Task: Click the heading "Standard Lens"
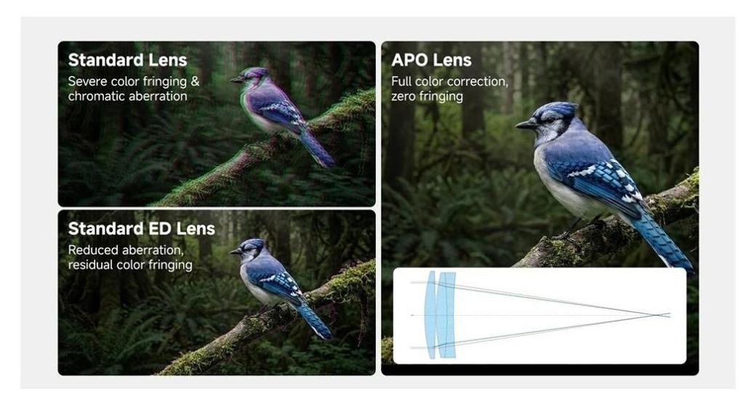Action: point(127,60)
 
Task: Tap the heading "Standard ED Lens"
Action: point(141,229)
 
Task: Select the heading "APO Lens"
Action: point(431,60)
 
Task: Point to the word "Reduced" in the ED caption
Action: point(94,250)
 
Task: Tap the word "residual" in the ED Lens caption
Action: point(94,265)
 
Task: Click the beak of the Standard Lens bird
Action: point(236,79)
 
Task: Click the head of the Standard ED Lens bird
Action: point(251,249)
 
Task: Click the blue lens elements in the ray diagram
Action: point(440,314)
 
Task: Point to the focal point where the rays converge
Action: point(659,315)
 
